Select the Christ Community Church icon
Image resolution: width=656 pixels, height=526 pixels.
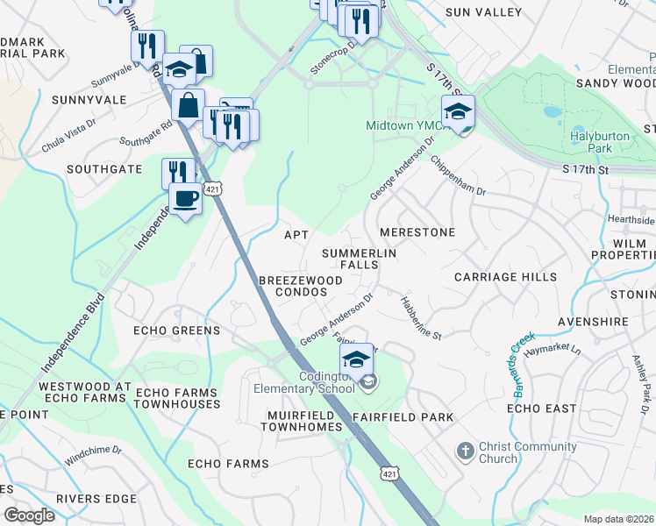click(x=466, y=452)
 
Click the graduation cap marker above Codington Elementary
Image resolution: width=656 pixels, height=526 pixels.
click(x=356, y=360)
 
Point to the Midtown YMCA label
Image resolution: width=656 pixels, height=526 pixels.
click(x=401, y=125)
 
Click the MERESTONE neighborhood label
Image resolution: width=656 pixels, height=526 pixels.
click(x=417, y=232)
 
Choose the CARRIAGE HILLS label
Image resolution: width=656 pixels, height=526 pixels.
click(x=505, y=277)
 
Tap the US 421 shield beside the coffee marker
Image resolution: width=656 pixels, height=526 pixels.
click(x=212, y=188)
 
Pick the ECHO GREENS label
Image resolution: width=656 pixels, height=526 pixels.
click(x=176, y=331)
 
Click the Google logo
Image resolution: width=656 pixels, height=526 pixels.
click(x=29, y=515)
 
